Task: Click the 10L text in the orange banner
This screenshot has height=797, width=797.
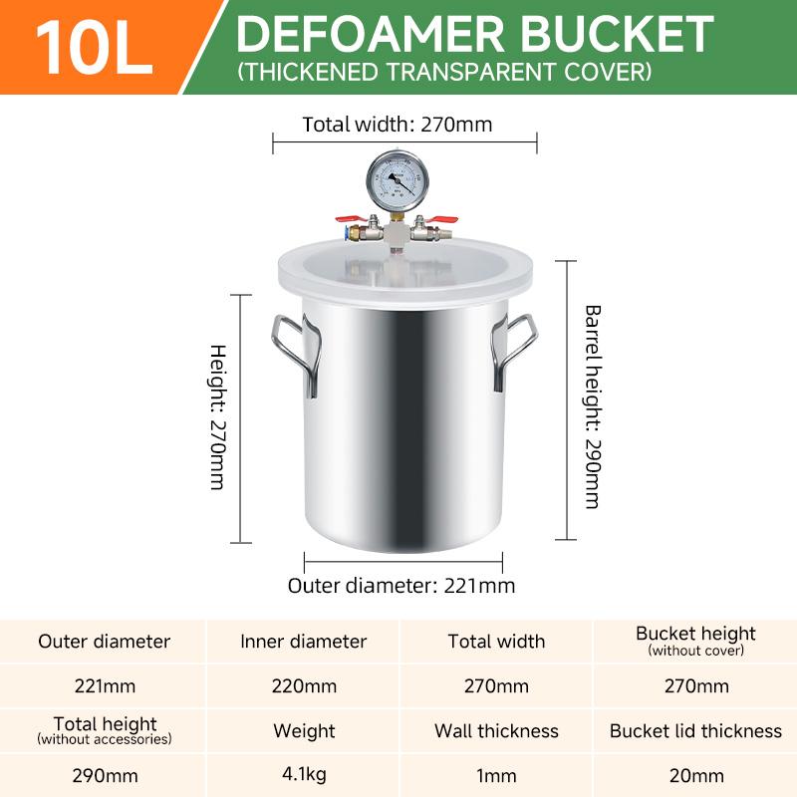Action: [95, 46]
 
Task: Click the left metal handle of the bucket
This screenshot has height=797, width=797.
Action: [296, 354]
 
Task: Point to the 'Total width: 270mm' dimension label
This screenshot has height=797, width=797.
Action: [398, 125]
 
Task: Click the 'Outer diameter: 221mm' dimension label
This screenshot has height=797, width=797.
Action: [401, 585]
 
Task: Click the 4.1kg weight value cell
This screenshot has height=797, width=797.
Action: [304, 775]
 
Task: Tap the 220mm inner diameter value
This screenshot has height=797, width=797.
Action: [304, 685]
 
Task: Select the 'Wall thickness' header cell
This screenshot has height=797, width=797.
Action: [496, 731]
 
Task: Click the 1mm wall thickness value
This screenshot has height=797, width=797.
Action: [496, 775]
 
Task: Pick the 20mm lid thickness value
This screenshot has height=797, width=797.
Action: [695, 775]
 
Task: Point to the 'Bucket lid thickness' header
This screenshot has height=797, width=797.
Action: [695, 731]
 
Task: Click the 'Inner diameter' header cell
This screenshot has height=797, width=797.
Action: [304, 642]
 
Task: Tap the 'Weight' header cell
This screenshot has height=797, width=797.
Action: [304, 731]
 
